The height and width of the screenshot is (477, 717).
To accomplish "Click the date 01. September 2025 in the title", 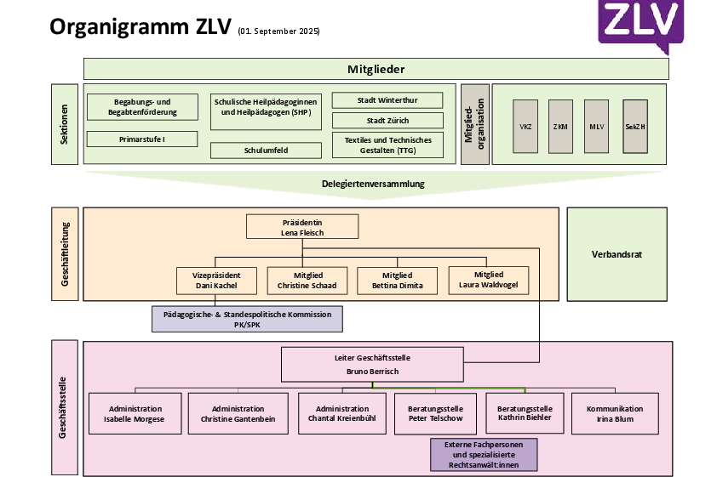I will pos(279,31).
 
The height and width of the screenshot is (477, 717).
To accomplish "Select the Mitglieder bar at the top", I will pos(376,69).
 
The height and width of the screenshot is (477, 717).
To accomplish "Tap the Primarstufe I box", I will pos(142,139).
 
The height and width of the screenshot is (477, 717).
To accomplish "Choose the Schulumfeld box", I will pos(266,150).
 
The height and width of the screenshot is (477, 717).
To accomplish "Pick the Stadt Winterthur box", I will pos(387,100).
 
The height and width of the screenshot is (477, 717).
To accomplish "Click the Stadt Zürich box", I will pos(387,120).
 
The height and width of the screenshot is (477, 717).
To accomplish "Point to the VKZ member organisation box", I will pos(525,126).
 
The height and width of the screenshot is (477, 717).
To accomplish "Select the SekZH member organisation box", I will pos(634,126).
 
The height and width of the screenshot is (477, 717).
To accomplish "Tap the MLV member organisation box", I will pos(597,126).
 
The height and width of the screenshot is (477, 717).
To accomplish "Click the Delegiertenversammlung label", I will pos(373,184).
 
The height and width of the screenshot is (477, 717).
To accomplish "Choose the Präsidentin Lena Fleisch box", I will pos(302,226).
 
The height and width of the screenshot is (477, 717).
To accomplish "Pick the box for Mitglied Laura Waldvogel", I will pos(489,280).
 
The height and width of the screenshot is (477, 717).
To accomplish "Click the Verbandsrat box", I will pos(617,254).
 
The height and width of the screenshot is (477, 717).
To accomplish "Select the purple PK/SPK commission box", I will pos(247,319).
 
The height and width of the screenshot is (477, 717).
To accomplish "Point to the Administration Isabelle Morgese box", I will pos(135,414).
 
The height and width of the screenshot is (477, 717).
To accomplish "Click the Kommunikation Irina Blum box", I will pos(615,413).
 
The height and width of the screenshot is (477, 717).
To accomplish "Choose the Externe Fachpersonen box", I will pos(484,455).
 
